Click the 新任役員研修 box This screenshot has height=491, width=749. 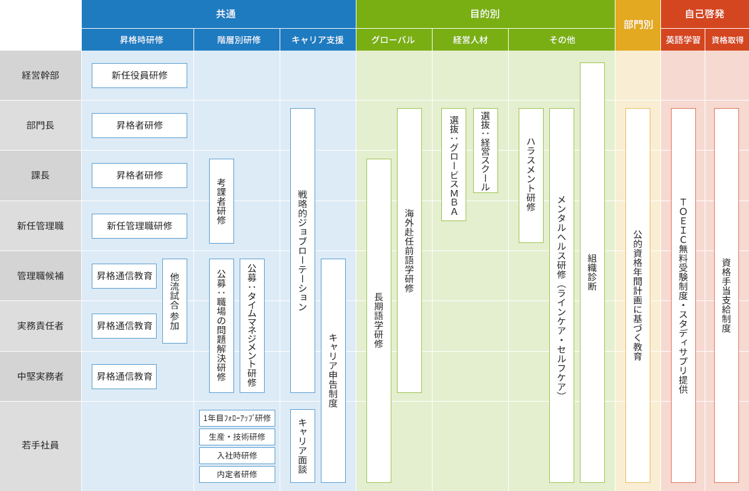(x=139, y=76)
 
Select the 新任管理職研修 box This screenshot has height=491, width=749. (x=139, y=226)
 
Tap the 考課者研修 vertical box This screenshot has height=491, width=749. (x=222, y=201)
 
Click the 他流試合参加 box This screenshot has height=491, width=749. (x=175, y=301)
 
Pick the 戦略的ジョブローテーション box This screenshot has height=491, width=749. (x=303, y=250)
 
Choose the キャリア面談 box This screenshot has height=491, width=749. (x=303, y=446)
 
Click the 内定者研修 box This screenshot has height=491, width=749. (x=237, y=474)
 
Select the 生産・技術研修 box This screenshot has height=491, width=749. (x=237, y=437)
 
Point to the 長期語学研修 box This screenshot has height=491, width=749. (x=379, y=320)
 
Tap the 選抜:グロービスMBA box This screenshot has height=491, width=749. (x=454, y=165)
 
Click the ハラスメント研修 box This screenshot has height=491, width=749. (x=531, y=176)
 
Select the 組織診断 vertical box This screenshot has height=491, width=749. (x=592, y=272)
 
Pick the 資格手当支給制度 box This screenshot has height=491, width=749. (x=727, y=295)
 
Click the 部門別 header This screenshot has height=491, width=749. (x=638, y=25)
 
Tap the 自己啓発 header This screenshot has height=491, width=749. (x=705, y=14)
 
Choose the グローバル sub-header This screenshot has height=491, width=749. (x=394, y=40)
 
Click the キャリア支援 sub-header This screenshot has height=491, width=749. (x=318, y=40)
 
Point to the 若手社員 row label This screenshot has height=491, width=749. (x=41, y=445)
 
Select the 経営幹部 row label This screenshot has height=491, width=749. (x=41, y=76)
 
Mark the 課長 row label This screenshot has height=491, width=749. (x=41, y=176)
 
